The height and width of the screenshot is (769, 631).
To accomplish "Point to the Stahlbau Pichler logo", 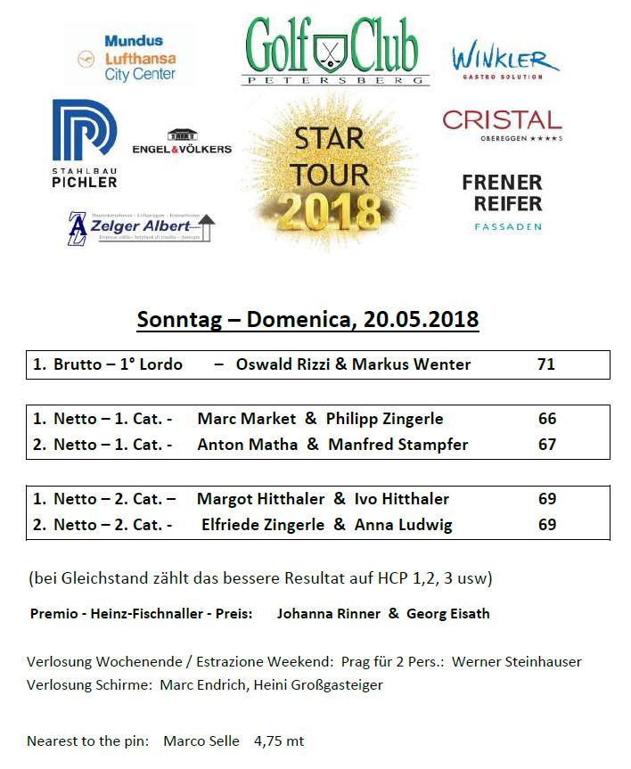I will [x=85, y=143].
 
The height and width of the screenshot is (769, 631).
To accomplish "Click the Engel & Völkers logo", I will [x=182, y=143].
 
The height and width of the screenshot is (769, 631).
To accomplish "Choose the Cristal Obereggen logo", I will [x=502, y=126].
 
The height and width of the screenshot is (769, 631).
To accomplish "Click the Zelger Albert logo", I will [x=141, y=227].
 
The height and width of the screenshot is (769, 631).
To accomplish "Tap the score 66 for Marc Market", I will [x=547, y=419].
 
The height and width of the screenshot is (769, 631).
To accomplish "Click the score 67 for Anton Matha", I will [x=547, y=445].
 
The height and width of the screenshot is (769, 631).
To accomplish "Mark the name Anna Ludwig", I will [x=403, y=525].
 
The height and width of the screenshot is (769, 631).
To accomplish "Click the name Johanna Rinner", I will [x=328, y=614].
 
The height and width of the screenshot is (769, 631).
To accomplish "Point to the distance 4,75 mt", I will [x=279, y=741].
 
